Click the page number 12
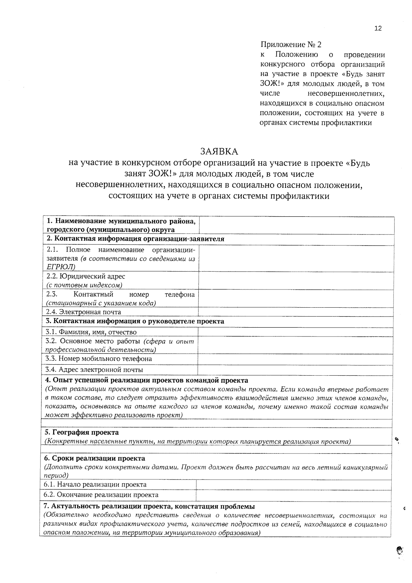point(378,28)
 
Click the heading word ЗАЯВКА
point(219,151)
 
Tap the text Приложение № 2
point(291,45)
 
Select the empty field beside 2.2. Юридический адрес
point(296,281)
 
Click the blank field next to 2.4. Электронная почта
point(296,312)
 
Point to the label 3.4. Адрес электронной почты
point(94,370)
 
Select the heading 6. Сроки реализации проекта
point(95,458)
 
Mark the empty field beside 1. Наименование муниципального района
point(296,225)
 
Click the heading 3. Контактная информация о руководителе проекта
point(135,321)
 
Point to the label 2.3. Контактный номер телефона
point(120,295)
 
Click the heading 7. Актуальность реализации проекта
point(149,506)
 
